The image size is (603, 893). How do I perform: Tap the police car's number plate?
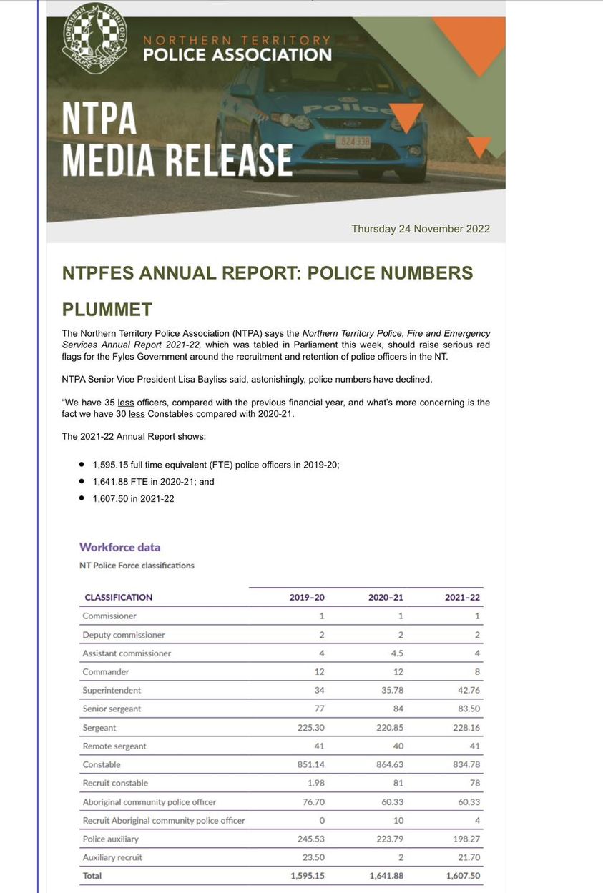click(x=353, y=142)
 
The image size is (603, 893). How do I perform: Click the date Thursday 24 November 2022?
click(x=421, y=229)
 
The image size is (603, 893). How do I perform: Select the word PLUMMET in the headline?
click(x=107, y=310)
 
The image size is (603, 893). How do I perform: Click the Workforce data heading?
click(x=119, y=547)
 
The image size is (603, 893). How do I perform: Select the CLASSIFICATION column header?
click(x=118, y=597)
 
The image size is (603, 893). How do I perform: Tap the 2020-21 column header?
click(x=386, y=597)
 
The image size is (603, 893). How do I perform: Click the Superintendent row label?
click(x=112, y=690)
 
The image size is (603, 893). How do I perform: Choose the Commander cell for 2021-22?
click(x=477, y=671)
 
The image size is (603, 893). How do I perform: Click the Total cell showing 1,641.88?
click(x=387, y=875)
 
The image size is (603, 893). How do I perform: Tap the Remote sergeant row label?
click(x=114, y=746)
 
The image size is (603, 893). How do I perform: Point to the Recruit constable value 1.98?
click(x=315, y=783)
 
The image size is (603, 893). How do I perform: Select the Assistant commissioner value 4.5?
click(x=397, y=653)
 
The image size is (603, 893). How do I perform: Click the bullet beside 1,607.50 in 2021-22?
click(x=82, y=498)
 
